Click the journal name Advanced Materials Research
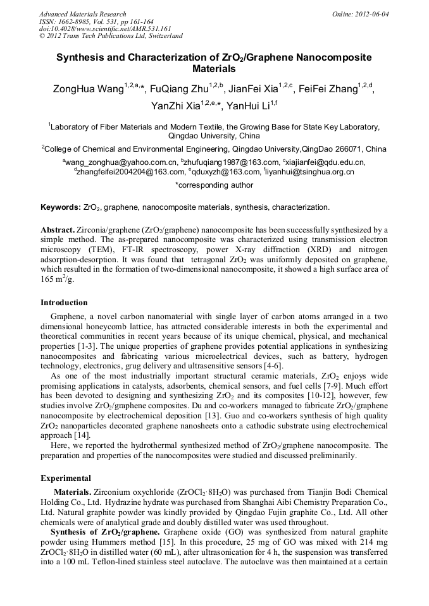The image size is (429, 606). tap(82, 14)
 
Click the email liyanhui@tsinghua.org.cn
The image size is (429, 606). tap(311, 171)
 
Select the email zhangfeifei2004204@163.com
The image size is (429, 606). tap(130, 171)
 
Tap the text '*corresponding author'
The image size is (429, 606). tap(214, 185)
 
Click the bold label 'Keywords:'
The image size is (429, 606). tap(61, 207)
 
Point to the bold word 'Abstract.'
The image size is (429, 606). tap(58, 229)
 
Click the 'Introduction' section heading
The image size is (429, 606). tap(64, 303)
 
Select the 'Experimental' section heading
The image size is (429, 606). tap(66, 478)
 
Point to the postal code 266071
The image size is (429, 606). tap(340, 149)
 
